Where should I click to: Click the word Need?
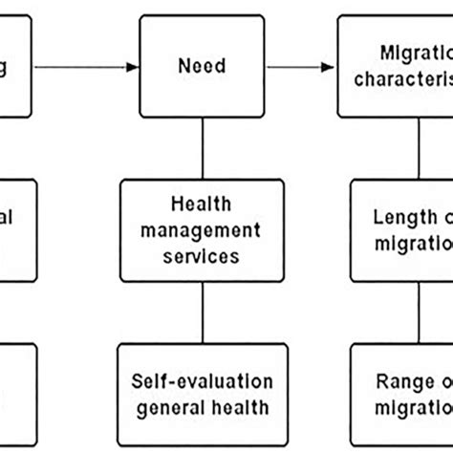(201, 67)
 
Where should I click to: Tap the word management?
(201, 230)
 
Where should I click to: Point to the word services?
(201, 257)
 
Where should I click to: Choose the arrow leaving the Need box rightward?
(296, 67)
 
